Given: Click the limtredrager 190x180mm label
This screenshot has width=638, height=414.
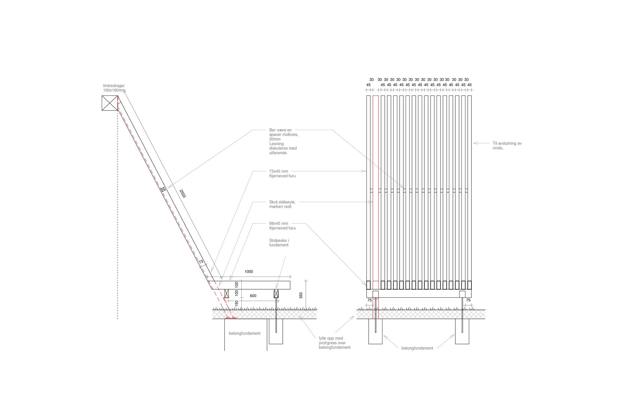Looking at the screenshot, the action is click(x=114, y=88).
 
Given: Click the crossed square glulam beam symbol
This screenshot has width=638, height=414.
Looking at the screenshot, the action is click(x=110, y=103).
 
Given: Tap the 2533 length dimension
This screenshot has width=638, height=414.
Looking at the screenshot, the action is click(x=182, y=194).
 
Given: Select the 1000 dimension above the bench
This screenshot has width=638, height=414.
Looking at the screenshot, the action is click(x=249, y=272).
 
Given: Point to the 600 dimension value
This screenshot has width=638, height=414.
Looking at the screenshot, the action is click(x=253, y=296).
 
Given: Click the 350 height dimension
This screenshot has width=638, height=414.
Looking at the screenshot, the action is click(x=301, y=295).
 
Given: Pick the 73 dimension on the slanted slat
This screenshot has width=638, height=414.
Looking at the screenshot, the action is click(x=201, y=262).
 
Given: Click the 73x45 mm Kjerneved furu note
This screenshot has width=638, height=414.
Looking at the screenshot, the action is click(x=282, y=174).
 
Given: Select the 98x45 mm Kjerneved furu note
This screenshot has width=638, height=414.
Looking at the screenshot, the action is click(x=282, y=226).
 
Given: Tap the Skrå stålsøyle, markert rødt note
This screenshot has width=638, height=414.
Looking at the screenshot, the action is click(x=282, y=204).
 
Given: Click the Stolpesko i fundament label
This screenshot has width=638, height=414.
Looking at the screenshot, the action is click(x=279, y=243).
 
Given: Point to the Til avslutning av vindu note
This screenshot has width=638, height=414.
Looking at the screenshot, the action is click(x=507, y=146).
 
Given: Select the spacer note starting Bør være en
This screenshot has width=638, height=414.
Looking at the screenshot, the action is click(x=283, y=141).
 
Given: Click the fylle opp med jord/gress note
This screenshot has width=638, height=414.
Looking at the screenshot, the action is click(x=334, y=343).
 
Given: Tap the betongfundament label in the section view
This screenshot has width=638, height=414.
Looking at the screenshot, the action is click(x=245, y=333).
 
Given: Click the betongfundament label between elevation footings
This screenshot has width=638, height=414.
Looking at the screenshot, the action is click(x=417, y=348).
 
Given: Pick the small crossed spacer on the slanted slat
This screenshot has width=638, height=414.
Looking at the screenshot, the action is click(x=163, y=190).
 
